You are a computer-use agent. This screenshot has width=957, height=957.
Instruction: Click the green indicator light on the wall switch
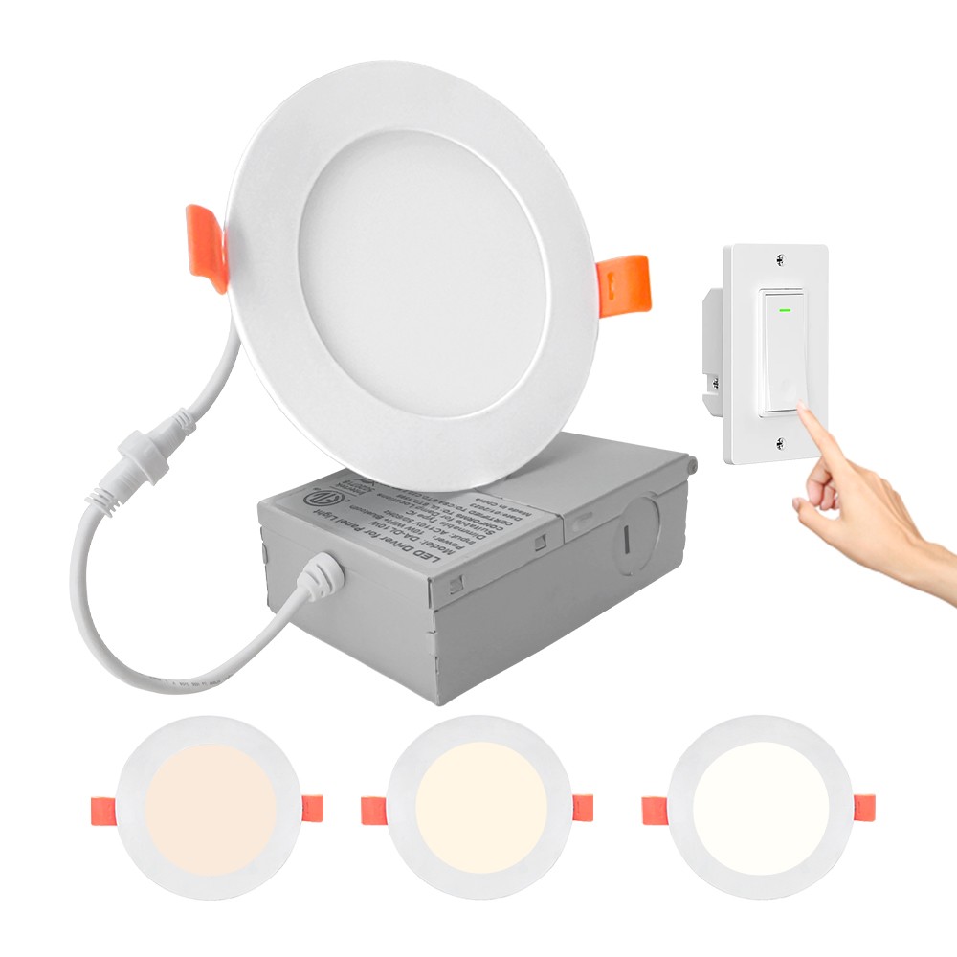click(784, 309)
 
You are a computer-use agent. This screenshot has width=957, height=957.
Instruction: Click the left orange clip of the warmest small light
click(99, 810)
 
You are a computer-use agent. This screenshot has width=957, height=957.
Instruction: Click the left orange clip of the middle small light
click(372, 811)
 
